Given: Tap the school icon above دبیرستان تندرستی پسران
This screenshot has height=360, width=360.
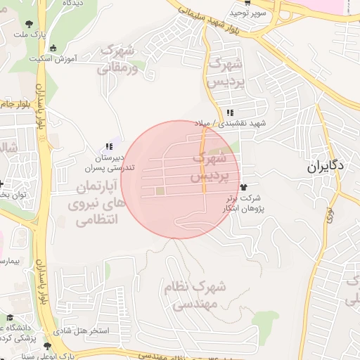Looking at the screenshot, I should point(108,147).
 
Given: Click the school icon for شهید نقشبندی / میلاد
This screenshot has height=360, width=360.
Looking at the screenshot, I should point(230,112).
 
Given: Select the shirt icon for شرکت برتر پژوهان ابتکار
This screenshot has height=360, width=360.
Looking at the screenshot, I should point(244,188).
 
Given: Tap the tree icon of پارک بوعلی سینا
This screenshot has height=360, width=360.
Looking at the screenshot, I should point(47,346).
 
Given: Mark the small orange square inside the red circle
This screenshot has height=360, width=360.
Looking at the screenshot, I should point(160,191).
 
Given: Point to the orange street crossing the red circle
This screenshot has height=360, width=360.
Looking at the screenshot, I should point(204,162).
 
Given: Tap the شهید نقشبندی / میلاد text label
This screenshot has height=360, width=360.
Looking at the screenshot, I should point(243,124).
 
